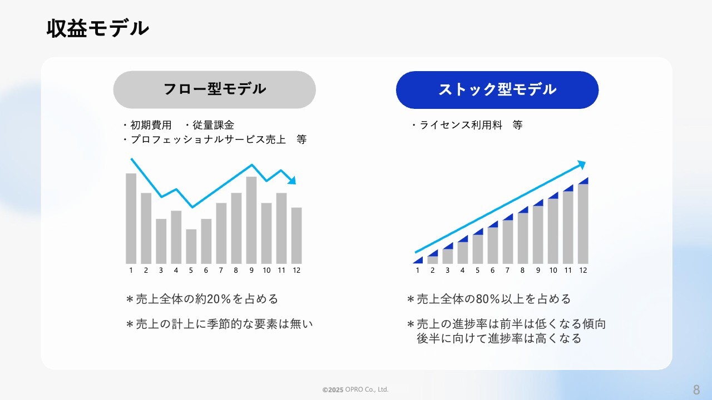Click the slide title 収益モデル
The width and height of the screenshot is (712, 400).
coord(97,28)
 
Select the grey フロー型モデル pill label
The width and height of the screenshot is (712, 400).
coord(215,89)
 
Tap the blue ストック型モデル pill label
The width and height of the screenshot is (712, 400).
coord(497,90)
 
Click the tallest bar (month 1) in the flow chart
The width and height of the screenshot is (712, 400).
coord(131,218)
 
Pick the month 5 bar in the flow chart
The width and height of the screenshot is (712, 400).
coord(191,246)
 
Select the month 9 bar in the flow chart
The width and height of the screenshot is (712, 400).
coord(251,220)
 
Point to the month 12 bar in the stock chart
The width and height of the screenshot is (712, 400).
coord(583,224)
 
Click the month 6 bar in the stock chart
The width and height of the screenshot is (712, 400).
coord(493,246)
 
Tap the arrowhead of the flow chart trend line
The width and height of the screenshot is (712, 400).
coord(292,181)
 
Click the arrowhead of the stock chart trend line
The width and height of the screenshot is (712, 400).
coord(581,165)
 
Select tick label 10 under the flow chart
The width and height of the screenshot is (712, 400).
coord(266,270)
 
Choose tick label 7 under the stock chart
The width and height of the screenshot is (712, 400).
coord(507,270)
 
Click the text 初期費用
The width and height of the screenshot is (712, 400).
coord(151,125)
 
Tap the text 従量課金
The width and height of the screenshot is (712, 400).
coord(213,125)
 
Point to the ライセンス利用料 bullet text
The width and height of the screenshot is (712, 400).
coord(461,125)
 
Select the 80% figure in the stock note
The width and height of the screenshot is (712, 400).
coord(488,299)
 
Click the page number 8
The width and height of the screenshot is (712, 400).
coord(696,389)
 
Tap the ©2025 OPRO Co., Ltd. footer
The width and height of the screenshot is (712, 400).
coord(355,389)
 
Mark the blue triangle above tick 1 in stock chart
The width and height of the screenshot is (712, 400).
coord(418,260)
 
